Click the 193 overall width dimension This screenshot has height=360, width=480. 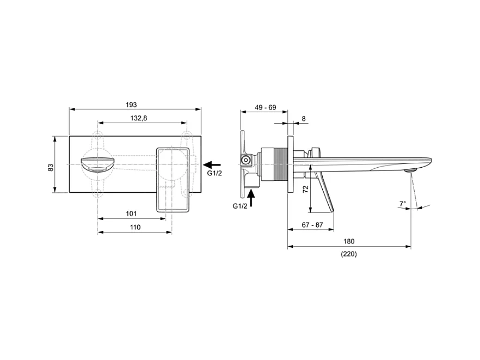131,104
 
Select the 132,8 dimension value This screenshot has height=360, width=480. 139,118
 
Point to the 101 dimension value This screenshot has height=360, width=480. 131,213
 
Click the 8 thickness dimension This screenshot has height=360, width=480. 303,118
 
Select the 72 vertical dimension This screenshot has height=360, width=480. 305,189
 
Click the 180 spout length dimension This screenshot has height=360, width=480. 349,241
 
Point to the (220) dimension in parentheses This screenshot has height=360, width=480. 349,254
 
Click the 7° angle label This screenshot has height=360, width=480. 402,204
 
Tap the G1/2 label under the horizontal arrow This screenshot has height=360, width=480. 214,173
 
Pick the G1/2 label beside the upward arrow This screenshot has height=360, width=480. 239,206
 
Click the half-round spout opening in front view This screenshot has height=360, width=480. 97,164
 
